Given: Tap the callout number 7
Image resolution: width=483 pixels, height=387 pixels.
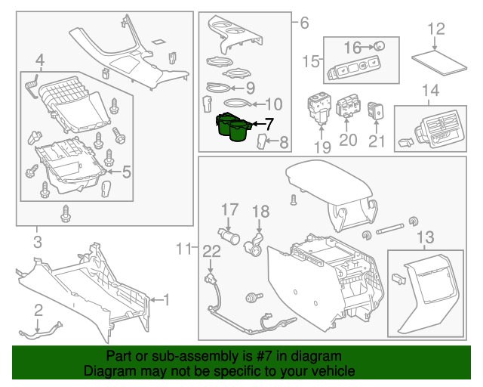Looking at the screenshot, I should tap(270, 123).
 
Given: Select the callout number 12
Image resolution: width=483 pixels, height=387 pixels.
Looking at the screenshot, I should tap(436, 29).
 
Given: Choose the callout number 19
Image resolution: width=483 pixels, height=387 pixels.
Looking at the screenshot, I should tap(322, 147).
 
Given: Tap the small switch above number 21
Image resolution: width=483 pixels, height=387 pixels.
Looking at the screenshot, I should tap(377, 112).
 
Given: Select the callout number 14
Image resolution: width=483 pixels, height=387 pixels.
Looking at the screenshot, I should tap(429, 91).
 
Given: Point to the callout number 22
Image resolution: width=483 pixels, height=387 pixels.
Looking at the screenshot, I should tap(211, 250).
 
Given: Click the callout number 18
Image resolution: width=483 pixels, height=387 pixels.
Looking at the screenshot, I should tap(260, 211).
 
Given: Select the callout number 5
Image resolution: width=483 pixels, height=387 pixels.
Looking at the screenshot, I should tap(126, 172).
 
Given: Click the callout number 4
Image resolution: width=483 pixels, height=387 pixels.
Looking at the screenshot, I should tap(39, 59).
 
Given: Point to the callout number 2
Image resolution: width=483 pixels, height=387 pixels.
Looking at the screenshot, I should tap(37, 309).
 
